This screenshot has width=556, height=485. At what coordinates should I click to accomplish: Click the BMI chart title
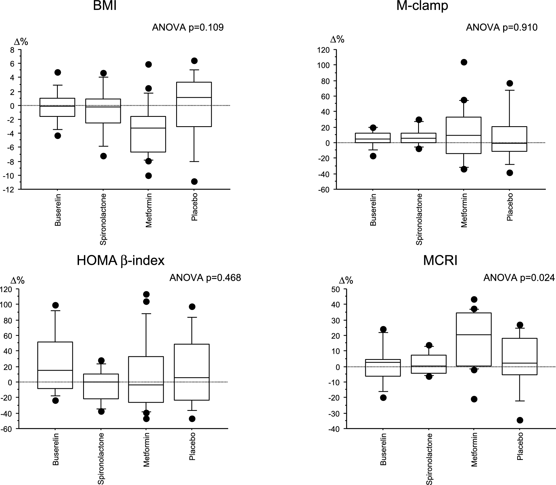coord(105,6)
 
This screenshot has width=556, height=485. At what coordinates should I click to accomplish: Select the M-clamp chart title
coord(422,6)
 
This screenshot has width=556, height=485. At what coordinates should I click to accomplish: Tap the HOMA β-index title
coord(121,260)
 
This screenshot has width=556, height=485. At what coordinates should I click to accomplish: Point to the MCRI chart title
coord(440,260)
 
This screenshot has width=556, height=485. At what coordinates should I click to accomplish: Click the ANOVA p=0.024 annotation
coord(519,278)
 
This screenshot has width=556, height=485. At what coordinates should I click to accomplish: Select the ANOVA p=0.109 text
coord(188,28)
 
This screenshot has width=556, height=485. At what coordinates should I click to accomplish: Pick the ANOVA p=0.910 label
coord(502,28)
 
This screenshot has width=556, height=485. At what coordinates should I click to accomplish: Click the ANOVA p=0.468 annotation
coord(205,278)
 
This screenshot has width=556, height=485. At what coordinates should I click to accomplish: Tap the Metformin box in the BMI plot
coord(148,134)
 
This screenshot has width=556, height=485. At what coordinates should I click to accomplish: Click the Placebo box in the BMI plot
coord(194,104)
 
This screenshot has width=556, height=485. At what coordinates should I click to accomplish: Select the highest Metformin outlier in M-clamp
coord(464,62)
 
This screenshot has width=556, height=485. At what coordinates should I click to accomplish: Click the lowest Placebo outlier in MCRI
coord(520,420)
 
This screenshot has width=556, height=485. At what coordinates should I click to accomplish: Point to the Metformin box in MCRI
coord(474,339)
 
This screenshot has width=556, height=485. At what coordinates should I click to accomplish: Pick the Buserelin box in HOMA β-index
coord(55,365)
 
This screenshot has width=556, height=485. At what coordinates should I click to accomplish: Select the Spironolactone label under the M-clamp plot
coord(419,219)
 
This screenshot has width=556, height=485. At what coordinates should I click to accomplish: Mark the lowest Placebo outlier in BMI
coord(194,181)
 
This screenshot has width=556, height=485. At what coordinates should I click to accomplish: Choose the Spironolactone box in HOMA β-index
coord(101,386)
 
